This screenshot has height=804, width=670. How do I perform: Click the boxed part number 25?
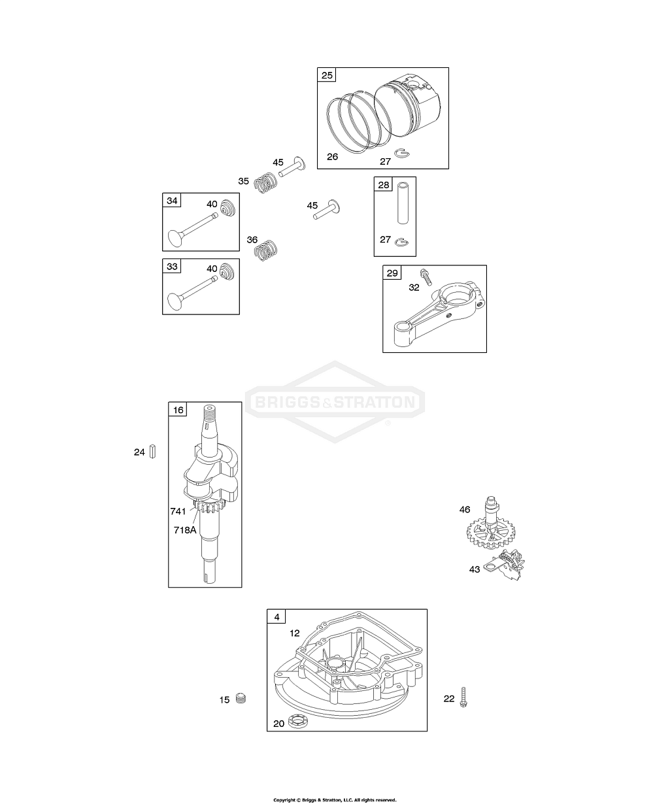pos(327,75)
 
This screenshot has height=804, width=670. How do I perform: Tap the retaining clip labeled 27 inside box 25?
pos(403,153)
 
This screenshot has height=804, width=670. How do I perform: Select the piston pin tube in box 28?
pos(403,203)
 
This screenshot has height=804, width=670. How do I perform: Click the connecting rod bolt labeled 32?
pos(426,277)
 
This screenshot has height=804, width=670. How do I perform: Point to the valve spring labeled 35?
pos(265,182)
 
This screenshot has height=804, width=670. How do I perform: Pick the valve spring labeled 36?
pos(265,250)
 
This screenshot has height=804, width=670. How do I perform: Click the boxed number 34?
pos(172,201)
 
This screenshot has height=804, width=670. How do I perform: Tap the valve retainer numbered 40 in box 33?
pos(227,271)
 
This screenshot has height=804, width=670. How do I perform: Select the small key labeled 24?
pos(152,451)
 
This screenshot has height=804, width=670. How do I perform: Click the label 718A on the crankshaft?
pos(185,530)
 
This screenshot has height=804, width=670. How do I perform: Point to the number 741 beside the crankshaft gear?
pos(178,511)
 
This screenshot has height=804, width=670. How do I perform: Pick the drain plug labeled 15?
pos(241,698)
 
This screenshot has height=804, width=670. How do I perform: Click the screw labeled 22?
pos(463,697)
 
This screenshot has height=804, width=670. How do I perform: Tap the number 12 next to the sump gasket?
pos(295,633)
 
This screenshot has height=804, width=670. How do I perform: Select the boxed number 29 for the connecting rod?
pos(392,273)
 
